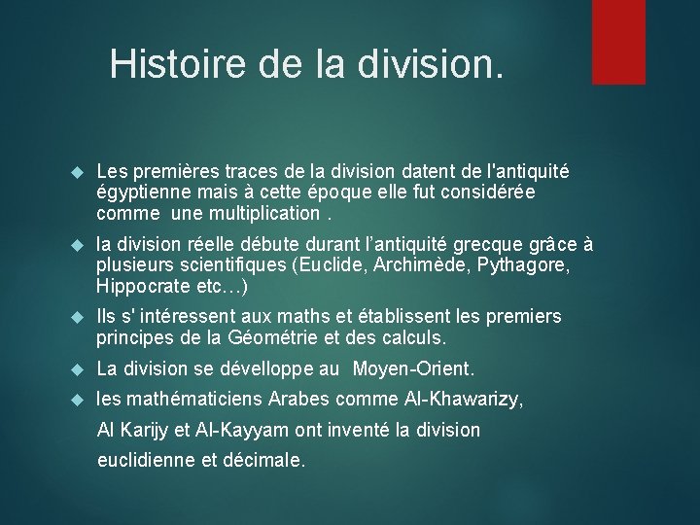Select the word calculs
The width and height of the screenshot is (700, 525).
410,338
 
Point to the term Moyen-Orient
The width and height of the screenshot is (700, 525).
413,369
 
